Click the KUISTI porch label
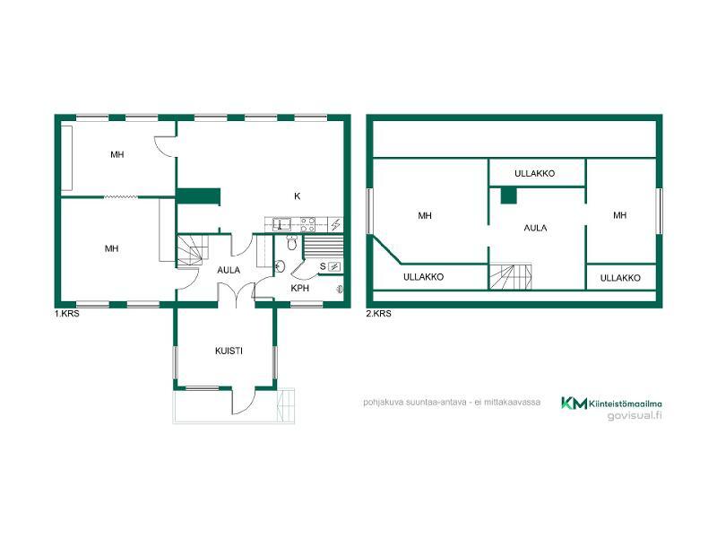pos(229,351)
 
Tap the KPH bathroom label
pos(300,288)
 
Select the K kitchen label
pos(298,196)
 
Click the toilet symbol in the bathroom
pos(292,242)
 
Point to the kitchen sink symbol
pos(281,223)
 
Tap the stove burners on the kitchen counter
pos(307,223)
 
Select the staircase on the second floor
pos(511,276)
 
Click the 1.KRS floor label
pos(66,314)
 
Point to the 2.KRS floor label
pos(378,314)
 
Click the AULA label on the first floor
pos(229,271)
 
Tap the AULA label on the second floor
pos(535,228)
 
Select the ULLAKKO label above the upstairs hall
pos(534,173)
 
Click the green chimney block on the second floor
pos(508,195)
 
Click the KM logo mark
pos(574,403)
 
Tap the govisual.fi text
pos(635,415)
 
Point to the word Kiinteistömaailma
pos(625,403)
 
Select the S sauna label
pos(323,266)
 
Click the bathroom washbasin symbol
pos(280,265)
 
